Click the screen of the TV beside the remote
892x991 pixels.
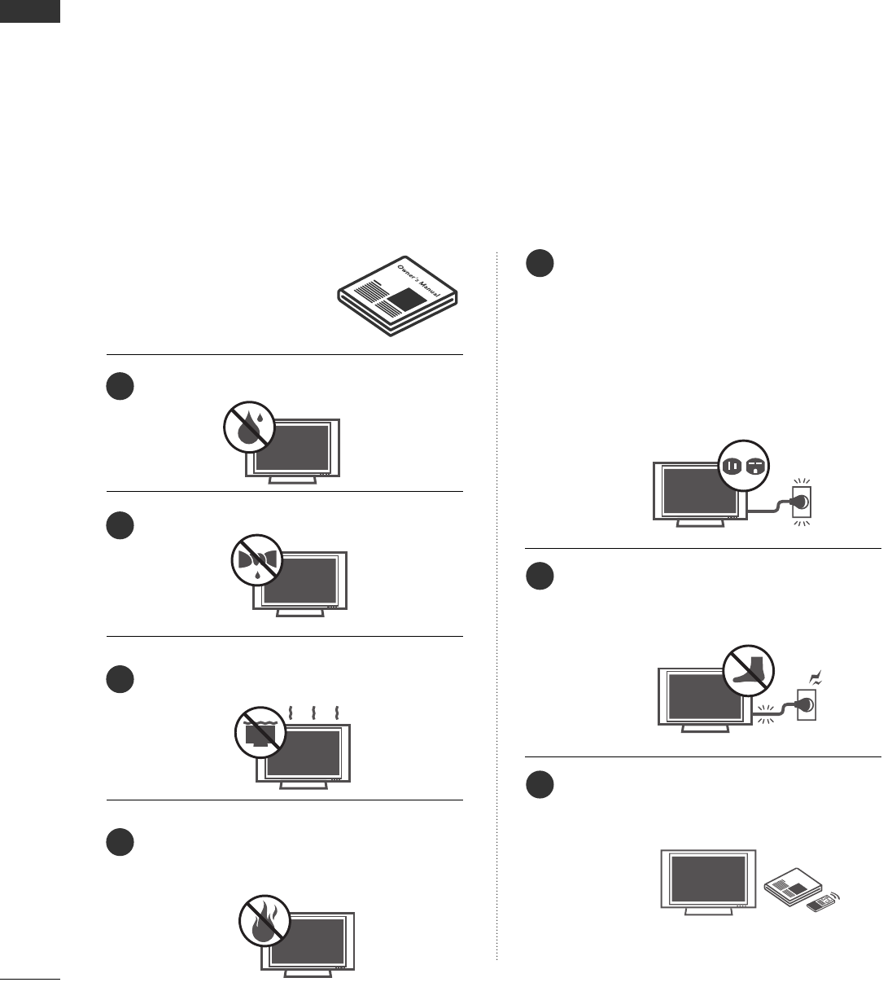click(706, 878)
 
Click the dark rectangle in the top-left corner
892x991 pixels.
click(30, 11)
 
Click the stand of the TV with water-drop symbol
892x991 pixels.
click(292, 480)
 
